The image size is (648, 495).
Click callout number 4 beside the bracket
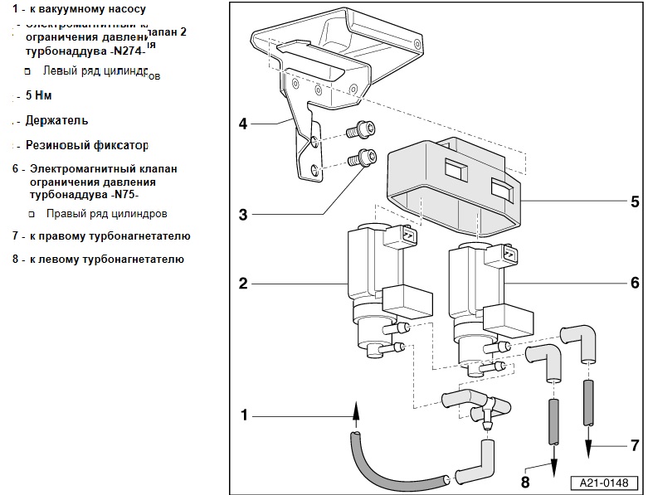coord(243,124)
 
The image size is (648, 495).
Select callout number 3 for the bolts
coord(243,215)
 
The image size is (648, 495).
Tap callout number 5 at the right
coord(634,201)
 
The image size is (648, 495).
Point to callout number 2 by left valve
coord(243,284)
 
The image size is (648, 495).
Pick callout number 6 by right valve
coord(634,284)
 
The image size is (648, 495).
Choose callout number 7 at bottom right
coord(634,445)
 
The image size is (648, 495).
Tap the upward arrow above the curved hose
coord(356,410)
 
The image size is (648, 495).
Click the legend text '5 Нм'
coord(39,95)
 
